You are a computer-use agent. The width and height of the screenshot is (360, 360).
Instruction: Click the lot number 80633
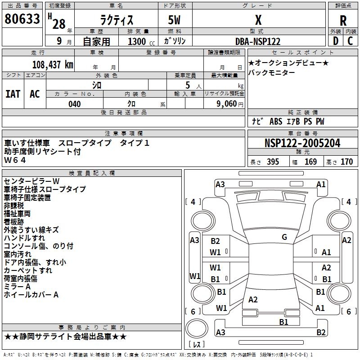pos(22,20)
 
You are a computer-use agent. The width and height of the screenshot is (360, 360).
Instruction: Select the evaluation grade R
pos(343,21)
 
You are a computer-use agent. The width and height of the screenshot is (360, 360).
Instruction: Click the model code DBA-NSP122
pos(258,41)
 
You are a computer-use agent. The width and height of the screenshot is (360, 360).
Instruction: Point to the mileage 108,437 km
pos(52,65)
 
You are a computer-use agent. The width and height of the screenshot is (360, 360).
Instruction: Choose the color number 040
pos(74,104)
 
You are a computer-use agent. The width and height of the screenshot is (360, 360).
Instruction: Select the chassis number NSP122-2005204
pos(302,143)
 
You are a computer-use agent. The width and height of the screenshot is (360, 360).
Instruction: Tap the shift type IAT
pos(13,94)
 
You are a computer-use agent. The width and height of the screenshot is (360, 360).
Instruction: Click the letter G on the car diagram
pos(284,237)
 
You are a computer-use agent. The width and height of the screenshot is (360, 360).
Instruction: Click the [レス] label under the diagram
pos(197,345)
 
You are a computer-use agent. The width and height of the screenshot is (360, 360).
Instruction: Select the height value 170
pos(346,162)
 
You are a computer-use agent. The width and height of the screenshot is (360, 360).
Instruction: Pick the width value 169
pos(310,162)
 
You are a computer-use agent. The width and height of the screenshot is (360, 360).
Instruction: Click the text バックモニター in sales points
pos(272,73)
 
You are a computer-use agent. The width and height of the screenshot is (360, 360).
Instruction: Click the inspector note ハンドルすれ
pos(24,238)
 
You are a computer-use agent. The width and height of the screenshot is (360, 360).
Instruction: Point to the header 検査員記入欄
pos(92,173)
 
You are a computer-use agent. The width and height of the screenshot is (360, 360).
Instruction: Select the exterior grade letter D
pos(335,41)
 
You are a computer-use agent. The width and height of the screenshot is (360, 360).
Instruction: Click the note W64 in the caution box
pos(15,160)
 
